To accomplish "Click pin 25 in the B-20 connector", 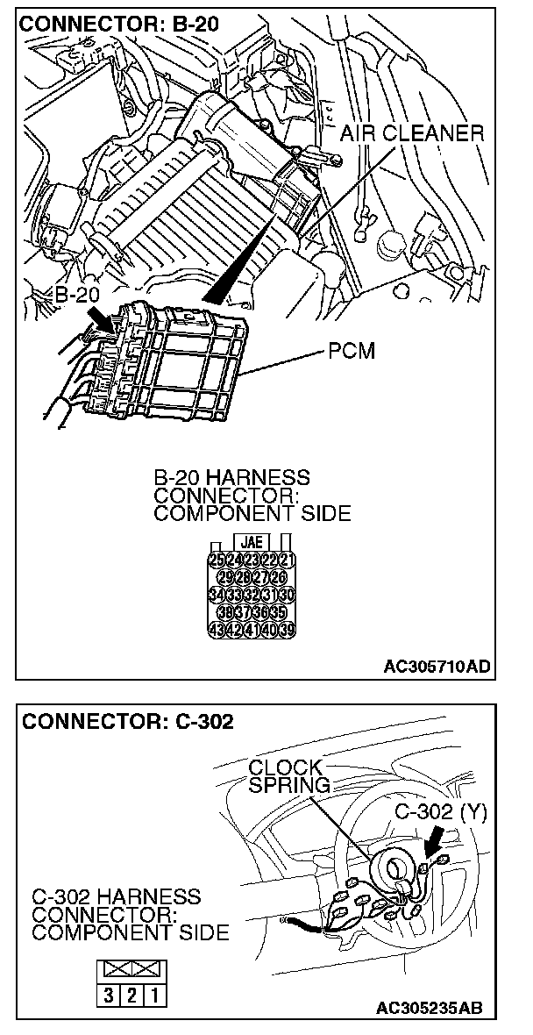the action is click(217, 560).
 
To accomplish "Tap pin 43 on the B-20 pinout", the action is click(217, 629).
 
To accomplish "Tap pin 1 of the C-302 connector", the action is click(154, 997).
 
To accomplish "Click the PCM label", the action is click(351, 352).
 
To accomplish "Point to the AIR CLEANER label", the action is click(411, 133).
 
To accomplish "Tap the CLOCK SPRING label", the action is click(288, 775).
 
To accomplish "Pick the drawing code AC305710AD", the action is click(437, 666).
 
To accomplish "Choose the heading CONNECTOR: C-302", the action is click(128, 721).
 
